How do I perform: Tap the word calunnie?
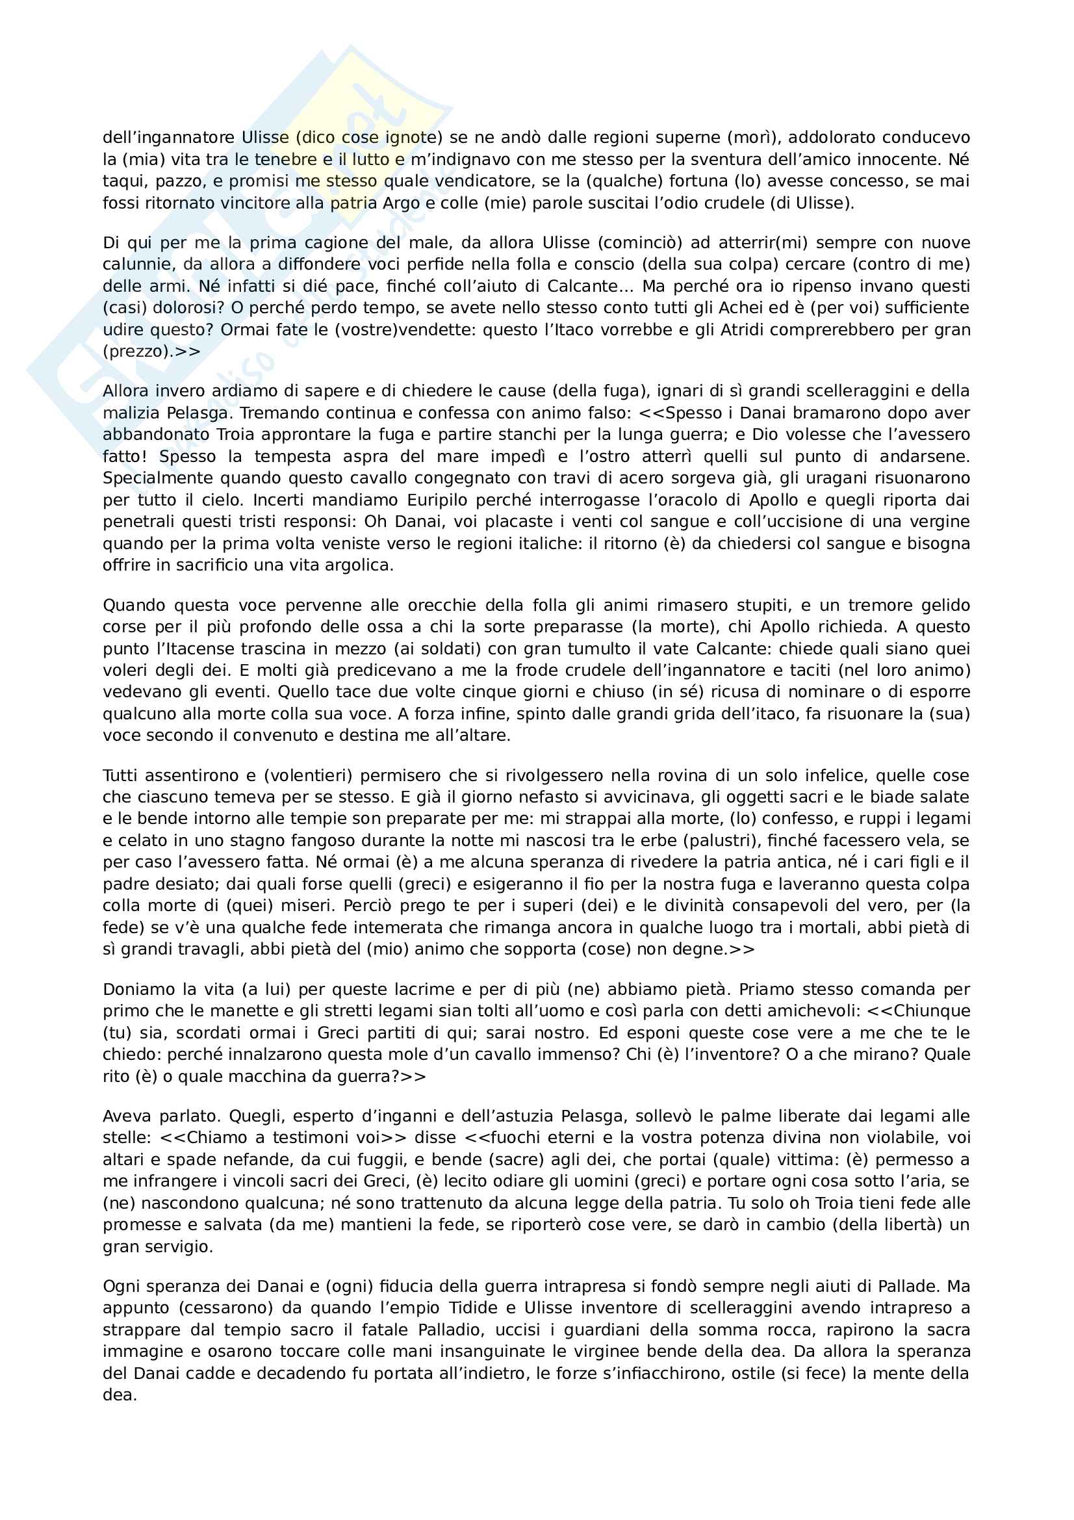[136, 264]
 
